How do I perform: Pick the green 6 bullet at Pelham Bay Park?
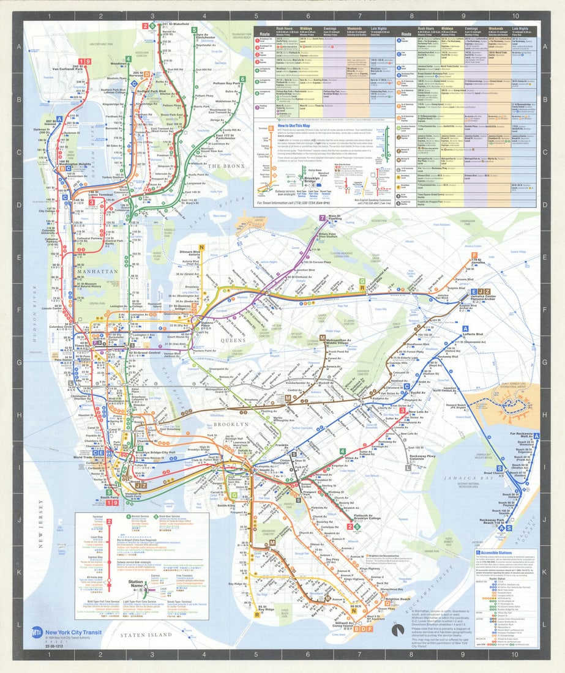[242, 80]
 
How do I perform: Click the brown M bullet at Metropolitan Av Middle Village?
[322, 338]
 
